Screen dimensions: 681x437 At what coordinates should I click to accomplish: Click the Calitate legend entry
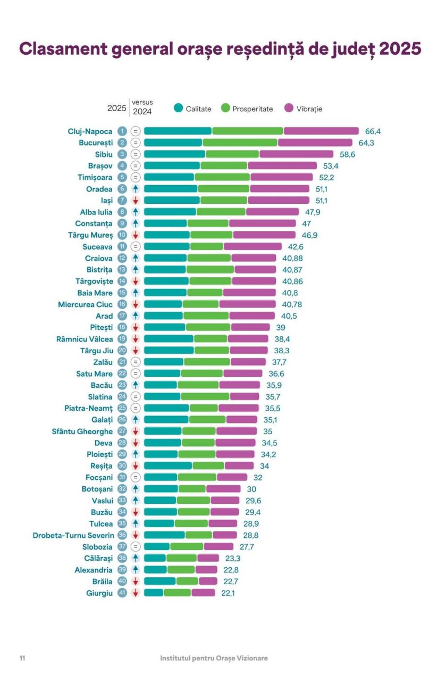tap(192, 109)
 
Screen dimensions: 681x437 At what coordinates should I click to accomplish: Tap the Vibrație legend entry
tap(304, 109)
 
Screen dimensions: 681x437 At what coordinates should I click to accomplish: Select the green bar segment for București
tap(240, 143)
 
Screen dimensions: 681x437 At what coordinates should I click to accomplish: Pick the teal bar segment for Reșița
tap(168, 466)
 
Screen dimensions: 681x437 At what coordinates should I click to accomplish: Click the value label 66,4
tap(373, 131)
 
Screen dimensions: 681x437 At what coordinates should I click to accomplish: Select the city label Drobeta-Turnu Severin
tap(73, 535)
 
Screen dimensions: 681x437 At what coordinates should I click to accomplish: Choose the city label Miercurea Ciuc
tap(85, 304)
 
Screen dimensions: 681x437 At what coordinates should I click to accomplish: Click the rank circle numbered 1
tap(122, 131)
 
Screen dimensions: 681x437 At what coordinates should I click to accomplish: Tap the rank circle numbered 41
tap(122, 593)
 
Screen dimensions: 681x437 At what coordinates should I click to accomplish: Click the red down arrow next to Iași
tap(136, 201)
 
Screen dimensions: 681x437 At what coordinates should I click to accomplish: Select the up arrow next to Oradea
tap(136, 189)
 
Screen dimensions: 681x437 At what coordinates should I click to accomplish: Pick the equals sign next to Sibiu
tap(136, 154)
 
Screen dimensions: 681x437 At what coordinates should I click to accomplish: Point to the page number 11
tap(22, 658)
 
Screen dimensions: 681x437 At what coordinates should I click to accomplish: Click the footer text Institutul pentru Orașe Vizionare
tap(214, 658)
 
